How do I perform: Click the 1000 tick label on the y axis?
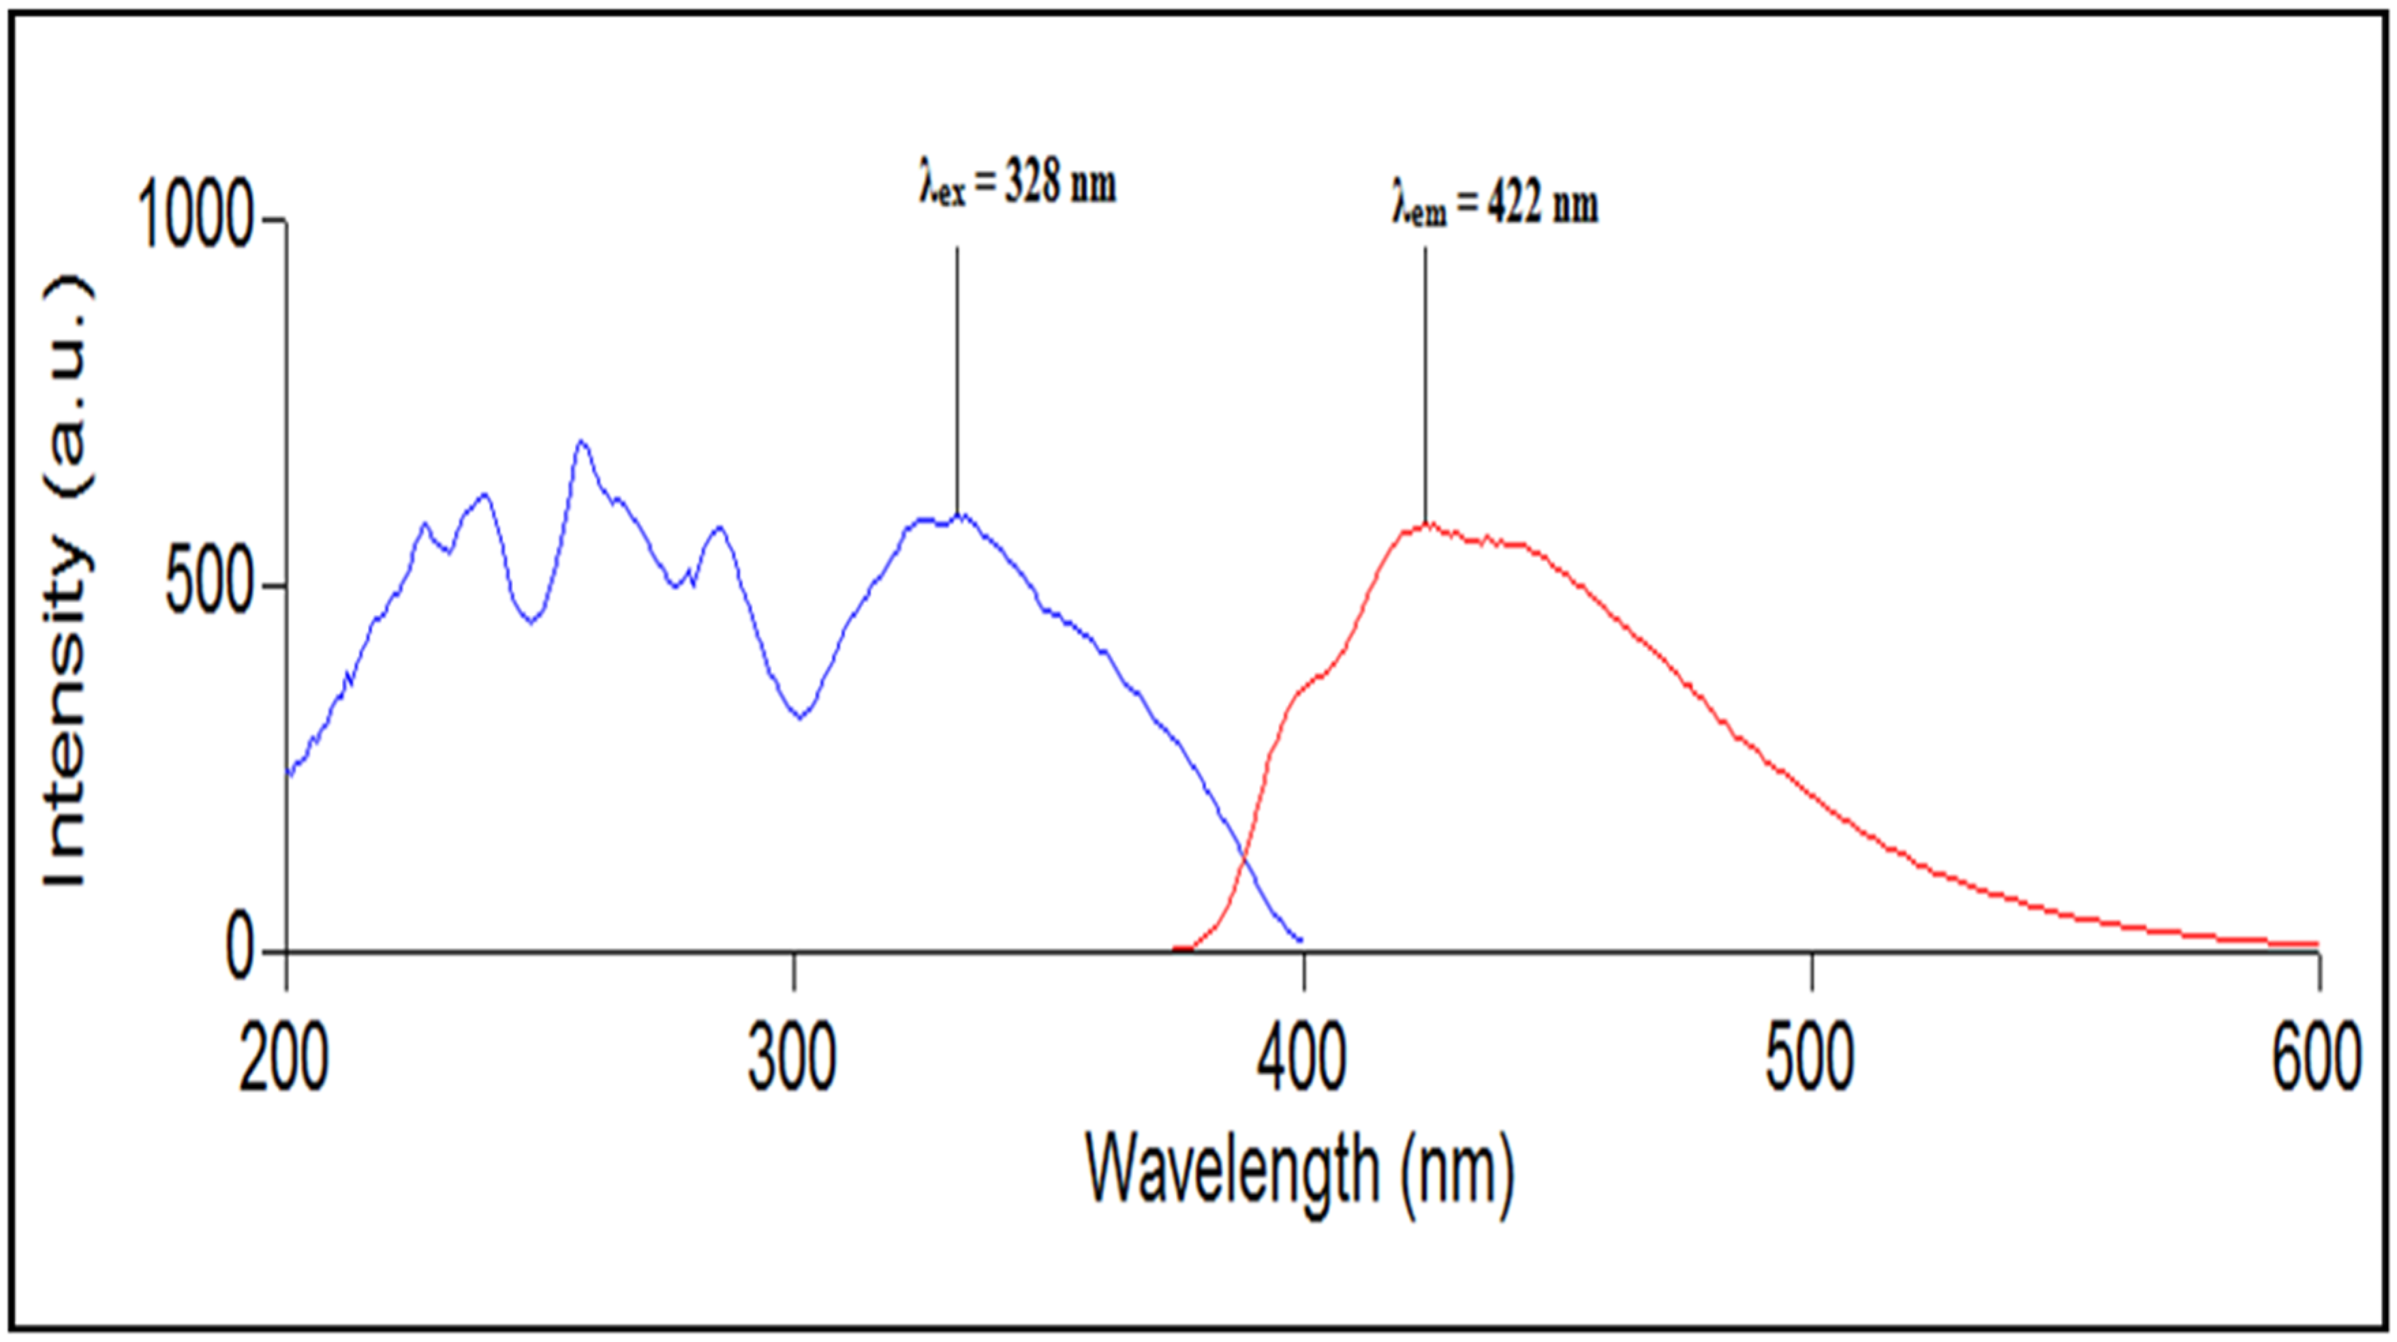(196, 216)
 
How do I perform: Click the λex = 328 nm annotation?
(1018, 183)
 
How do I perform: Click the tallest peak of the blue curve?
(583, 443)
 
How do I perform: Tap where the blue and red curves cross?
(1244, 856)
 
